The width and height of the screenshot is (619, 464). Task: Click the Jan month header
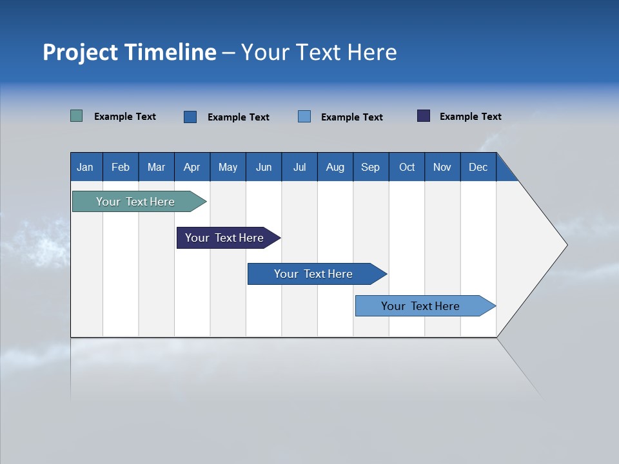coord(86,167)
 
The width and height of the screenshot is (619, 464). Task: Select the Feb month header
coord(121,167)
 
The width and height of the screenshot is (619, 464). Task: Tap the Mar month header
coord(156,167)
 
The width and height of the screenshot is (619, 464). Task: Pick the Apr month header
coord(192,167)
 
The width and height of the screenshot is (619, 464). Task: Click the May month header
coord(228,167)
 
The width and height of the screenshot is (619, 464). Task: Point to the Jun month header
coord(264,167)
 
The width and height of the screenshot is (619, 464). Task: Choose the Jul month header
coord(299,167)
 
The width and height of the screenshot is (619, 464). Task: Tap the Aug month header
coord(335,167)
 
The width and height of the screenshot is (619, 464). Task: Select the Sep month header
coord(371,167)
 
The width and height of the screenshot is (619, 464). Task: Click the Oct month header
coord(407,167)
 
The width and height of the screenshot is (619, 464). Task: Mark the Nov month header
coord(442,167)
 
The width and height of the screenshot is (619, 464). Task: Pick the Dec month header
coord(478,167)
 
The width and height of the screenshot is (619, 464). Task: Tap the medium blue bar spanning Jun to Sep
coord(314,274)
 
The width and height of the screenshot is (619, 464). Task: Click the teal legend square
coord(77,116)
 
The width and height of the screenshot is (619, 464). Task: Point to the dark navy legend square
coord(424,116)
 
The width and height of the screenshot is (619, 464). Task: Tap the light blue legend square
coord(304,117)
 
